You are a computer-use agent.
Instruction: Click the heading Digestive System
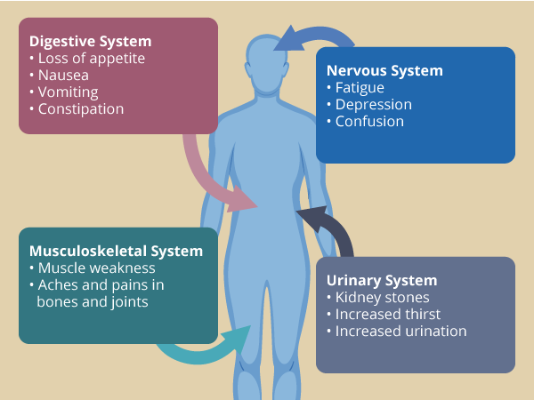[x=90, y=41]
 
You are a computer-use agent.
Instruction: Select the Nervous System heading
[x=384, y=70]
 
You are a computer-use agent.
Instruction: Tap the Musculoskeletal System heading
[x=116, y=251]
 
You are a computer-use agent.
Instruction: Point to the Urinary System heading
[x=382, y=280]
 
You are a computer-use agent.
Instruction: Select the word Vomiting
[x=69, y=92]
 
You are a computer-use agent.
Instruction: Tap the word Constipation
[x=81, y=109]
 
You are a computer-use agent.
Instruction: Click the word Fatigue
[x=360, y=88]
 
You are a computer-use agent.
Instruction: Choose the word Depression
[x=373, y=105]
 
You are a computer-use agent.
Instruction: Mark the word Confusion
[x=369, y=122]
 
